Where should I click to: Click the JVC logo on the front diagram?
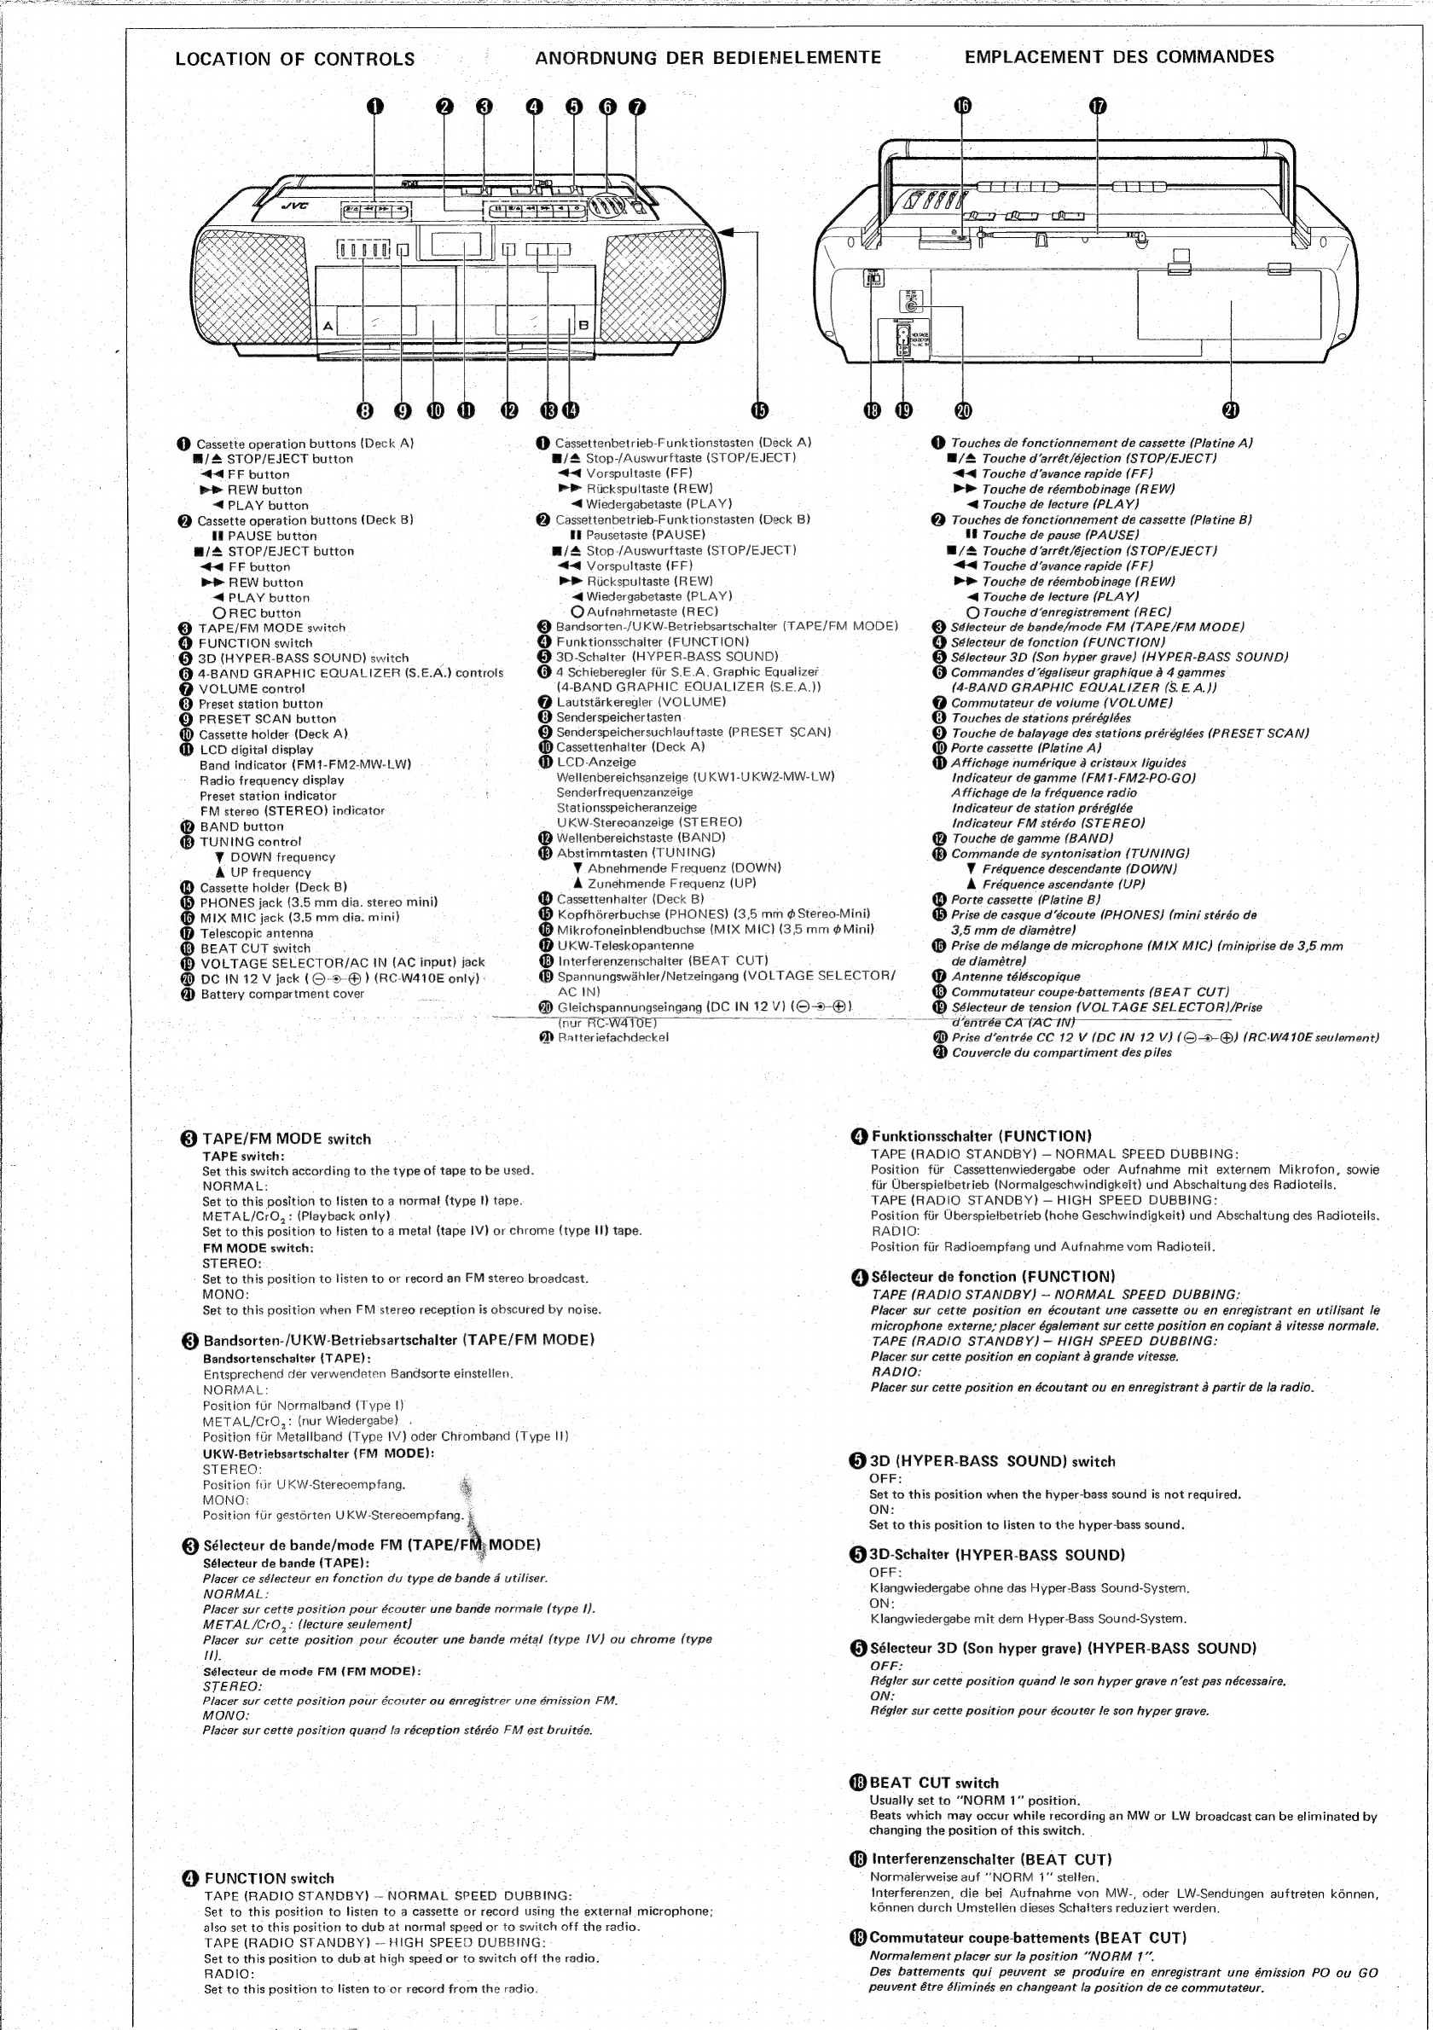(296, 207)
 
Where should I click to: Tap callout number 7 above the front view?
(636, 107)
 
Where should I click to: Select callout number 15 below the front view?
(759, 410)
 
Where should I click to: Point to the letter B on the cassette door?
(583, 325)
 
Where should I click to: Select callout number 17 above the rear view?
(1097, 107)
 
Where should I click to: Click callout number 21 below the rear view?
(1231, 410)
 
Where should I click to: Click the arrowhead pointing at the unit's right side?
(728, 232)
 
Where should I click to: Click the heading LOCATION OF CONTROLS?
(295, 59)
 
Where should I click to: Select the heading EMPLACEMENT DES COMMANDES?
(1119, 57)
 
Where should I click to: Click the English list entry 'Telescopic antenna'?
(257, 933)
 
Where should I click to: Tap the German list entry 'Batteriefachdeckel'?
(612, 1037)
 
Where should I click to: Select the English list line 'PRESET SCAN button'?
(267, 719)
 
